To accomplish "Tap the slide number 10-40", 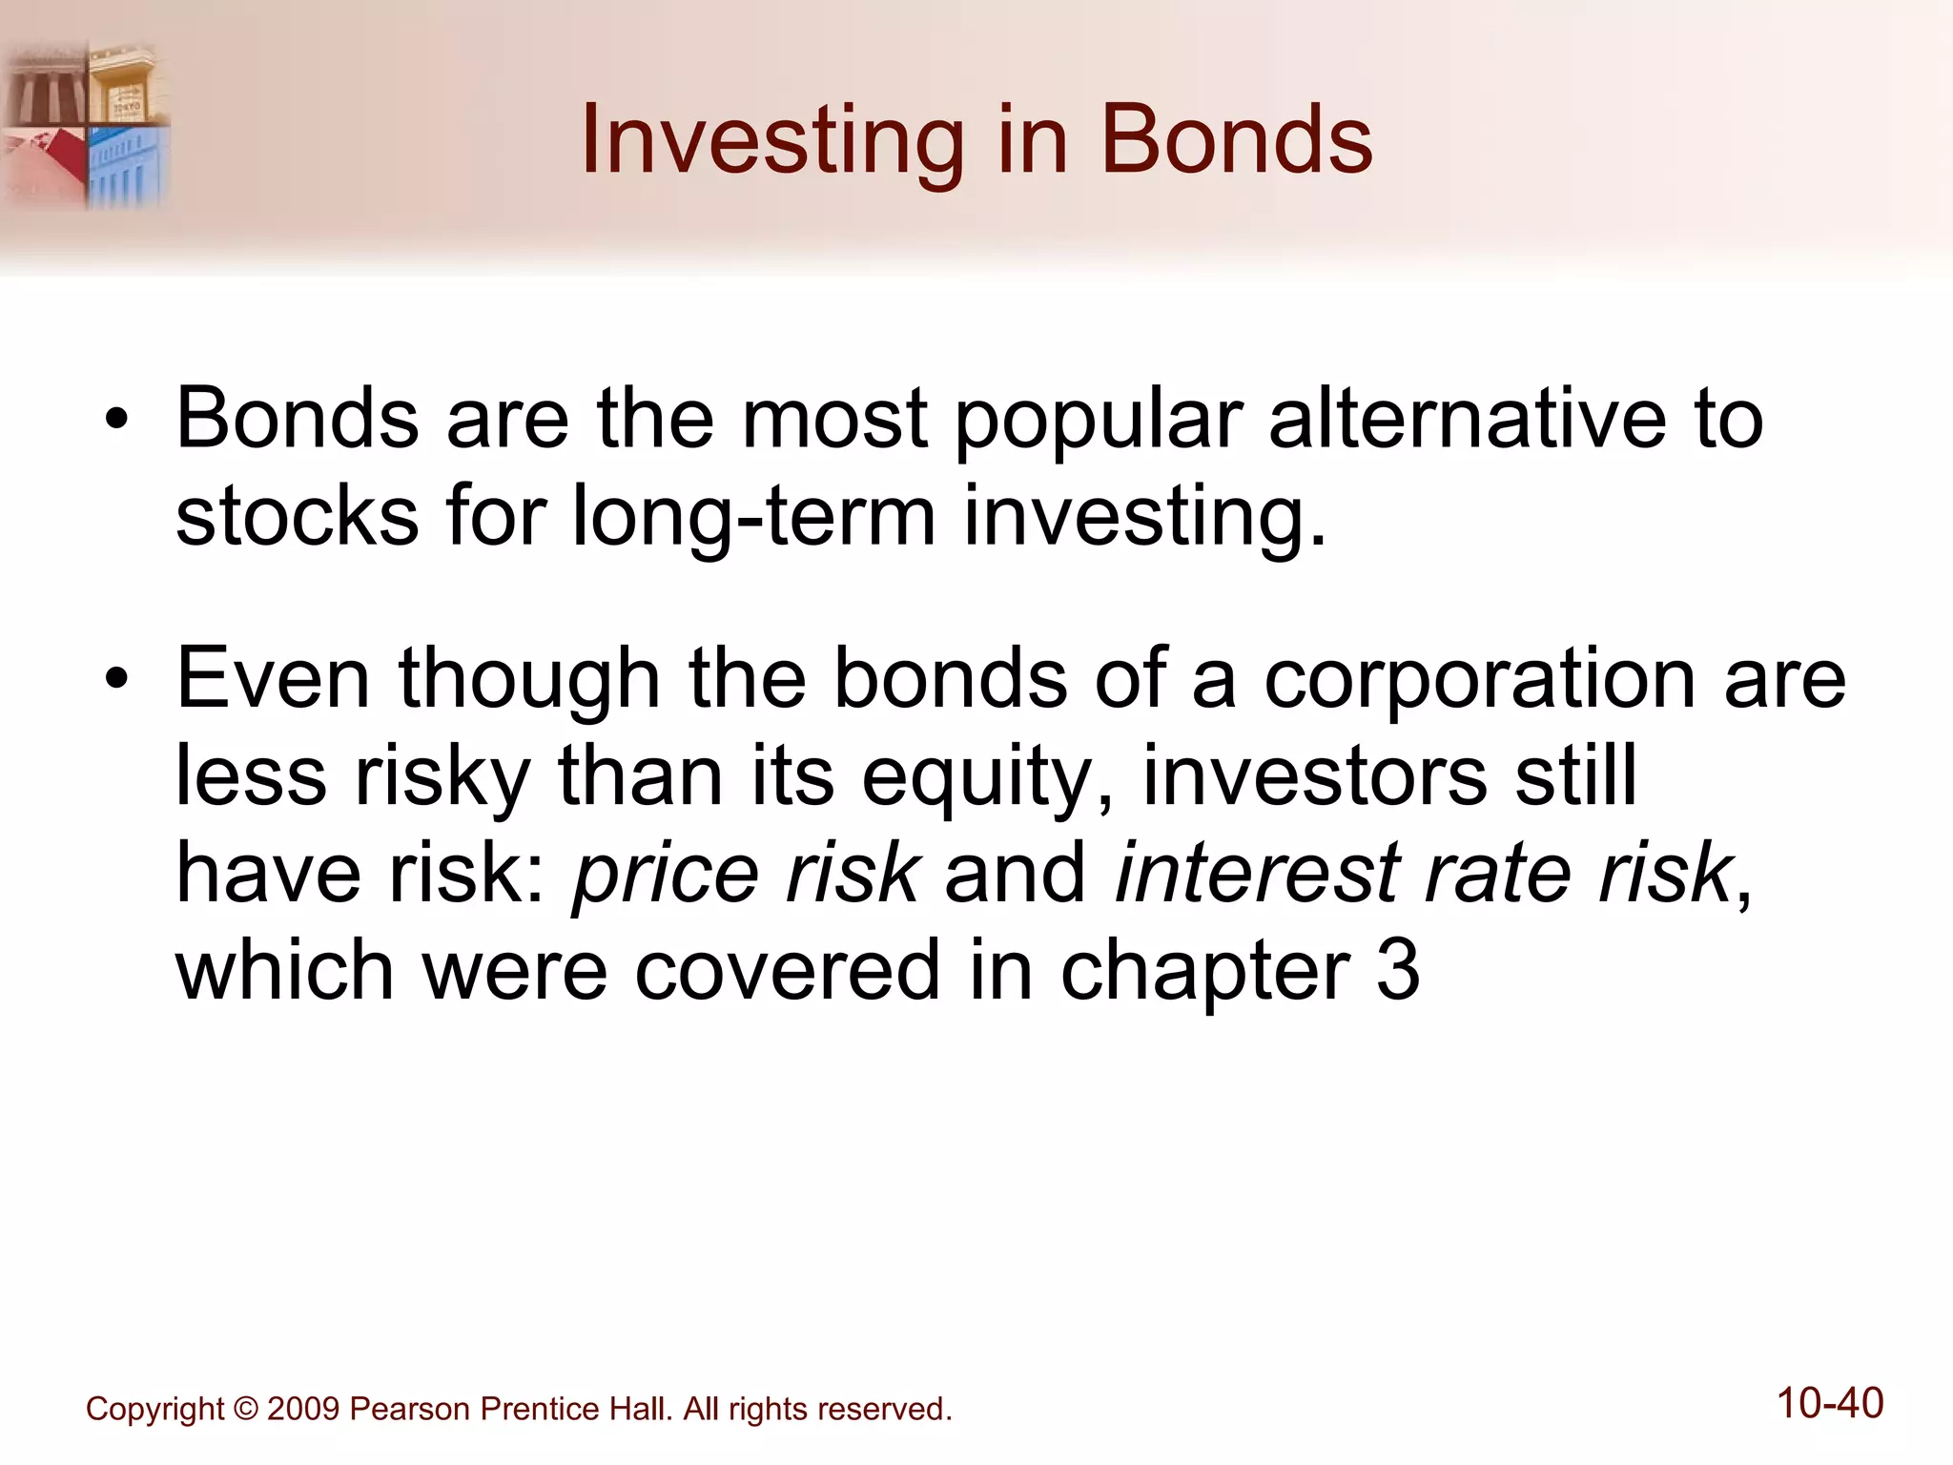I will tap(1830, 1403).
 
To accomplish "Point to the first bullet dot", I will tap(116, 421).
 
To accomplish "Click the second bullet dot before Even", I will tap(116, 680).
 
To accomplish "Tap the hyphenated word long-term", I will tap(753, 518).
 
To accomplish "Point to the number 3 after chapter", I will tap(1398, 970).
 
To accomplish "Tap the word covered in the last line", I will tap(788, 970).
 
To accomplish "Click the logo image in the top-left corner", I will tap(86, 124).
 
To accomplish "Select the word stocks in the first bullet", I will tap(297, 516).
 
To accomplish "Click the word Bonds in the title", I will tap(1236, 141).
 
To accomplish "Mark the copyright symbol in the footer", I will tap(245, 1409).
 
